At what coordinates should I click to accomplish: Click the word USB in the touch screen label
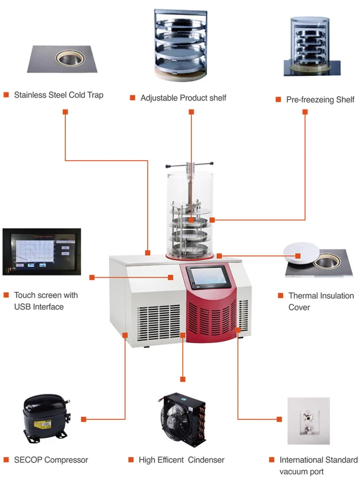[x=23, y=307]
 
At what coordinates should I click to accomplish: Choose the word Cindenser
[x=206, y=460]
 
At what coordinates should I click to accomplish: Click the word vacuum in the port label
[x=292, y=472]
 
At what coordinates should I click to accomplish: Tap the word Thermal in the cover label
[x=304, y=296]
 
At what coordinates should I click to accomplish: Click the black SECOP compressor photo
[x=47, y=416]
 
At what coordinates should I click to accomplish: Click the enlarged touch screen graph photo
[x=42, y=252]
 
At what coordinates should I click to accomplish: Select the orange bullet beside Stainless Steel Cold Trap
[x=6, y=95]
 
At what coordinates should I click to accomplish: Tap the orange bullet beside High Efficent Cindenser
[x=131, y=460]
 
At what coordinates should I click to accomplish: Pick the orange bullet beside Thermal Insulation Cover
[x=280, y=295]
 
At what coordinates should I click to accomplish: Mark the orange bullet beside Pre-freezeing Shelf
[x=278, y=99]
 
